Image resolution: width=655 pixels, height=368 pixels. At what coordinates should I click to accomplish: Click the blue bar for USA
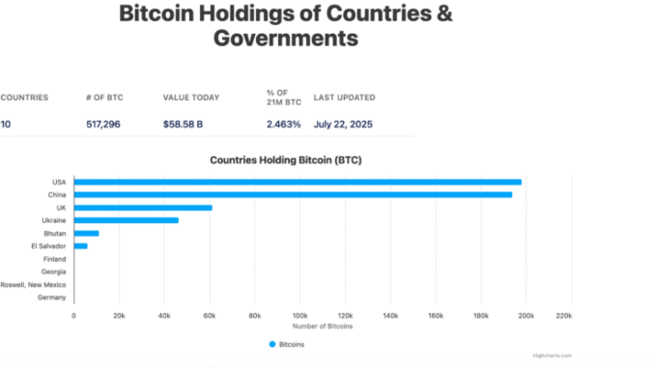click(298, 182)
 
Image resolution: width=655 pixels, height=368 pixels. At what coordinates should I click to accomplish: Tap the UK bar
click(143, 208)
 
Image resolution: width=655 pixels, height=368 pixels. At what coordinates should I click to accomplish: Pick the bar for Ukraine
click(126, 220)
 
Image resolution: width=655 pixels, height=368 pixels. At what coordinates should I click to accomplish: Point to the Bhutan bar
click(86, 233)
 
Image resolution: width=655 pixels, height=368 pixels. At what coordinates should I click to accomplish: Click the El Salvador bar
click(80, 246)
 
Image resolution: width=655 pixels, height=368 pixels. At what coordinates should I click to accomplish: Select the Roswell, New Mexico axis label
click(33, 285)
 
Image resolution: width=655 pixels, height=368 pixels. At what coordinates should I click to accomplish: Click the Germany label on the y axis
click(52, 297)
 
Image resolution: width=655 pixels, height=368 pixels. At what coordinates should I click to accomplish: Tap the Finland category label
click(54, 259)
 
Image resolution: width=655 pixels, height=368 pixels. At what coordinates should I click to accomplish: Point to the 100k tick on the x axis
click(299, 315)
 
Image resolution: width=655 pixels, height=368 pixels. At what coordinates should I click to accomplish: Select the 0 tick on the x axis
click(74, 315)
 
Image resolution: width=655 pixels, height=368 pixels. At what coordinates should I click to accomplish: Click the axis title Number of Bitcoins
click(323, 326)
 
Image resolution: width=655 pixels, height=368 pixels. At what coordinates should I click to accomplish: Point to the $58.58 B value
click(184, 125)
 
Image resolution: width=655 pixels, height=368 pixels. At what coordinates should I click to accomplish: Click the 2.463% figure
click(283, 125)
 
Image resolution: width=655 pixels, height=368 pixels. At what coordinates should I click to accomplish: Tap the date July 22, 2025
click(342, 125)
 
